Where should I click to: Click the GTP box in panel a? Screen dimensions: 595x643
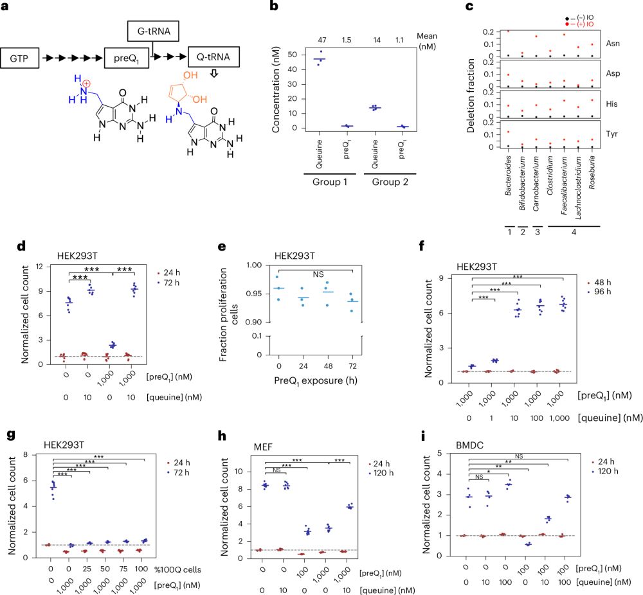22,58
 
